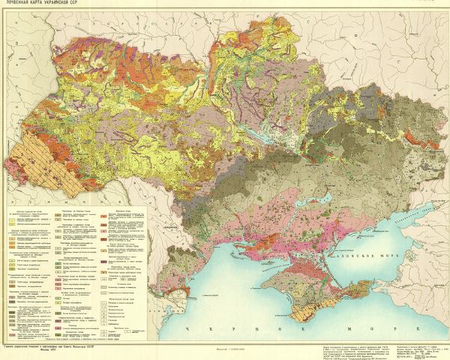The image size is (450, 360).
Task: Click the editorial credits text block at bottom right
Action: tap(375, 349)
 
